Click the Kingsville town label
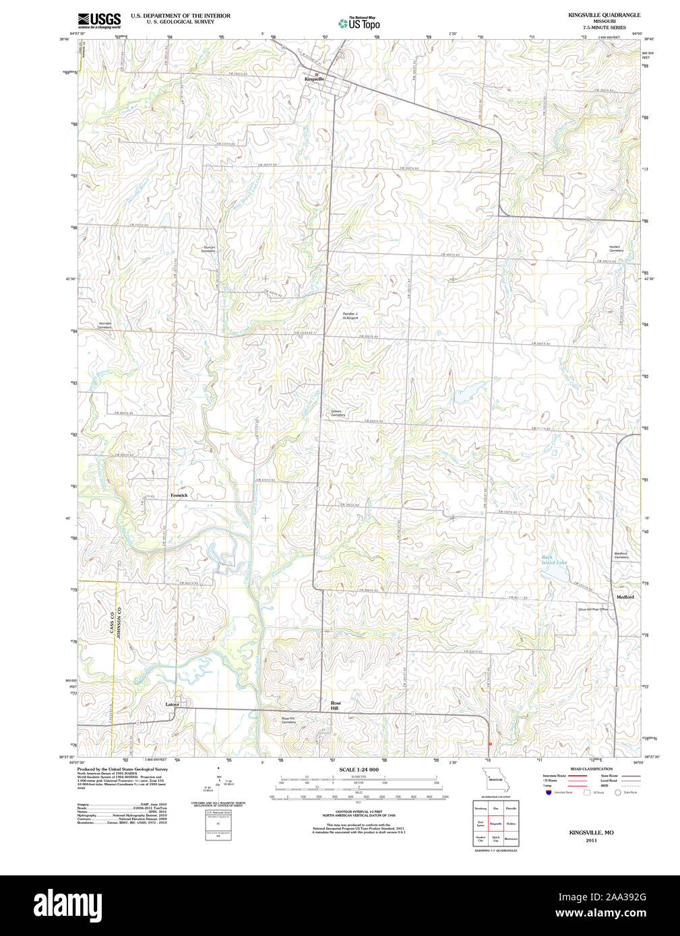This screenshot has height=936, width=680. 314,79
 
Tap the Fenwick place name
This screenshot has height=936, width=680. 179,496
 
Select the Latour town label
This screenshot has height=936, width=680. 173,704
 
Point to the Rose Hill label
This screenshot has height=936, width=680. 335,706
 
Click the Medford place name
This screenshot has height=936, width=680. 625,597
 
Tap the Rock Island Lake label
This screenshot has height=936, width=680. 555,560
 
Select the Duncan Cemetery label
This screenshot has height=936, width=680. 210,248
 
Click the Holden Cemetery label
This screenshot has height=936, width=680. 616,248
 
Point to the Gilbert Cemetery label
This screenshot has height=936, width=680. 338,413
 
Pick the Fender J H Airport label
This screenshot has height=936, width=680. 350,316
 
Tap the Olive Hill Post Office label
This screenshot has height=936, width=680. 592,609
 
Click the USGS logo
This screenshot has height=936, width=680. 99,20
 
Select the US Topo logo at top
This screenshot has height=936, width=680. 359,24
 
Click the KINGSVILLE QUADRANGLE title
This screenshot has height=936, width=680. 604,15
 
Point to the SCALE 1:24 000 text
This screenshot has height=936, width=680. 359,770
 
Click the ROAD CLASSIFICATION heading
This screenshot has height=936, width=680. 591,769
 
